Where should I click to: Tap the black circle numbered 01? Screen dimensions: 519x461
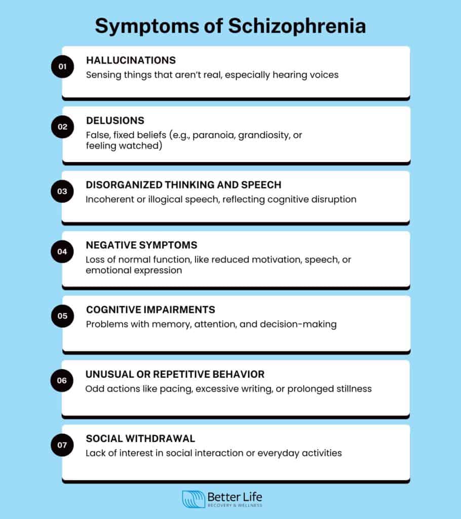tap(62, 66)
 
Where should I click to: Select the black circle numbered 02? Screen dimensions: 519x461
tap(62, 127)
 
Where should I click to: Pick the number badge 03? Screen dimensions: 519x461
tap(62, 191)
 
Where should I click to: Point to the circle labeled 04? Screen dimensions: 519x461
tap(62, 251)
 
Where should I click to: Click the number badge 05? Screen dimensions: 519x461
tap(62, 315)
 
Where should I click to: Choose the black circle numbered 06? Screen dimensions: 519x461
tap(62, 381)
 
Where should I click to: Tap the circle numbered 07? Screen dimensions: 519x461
tap(62, 444)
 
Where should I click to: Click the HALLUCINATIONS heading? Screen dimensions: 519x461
tap(131, 60)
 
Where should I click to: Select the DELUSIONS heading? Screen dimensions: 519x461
tap(115, 121)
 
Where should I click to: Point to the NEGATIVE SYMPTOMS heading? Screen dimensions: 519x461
tap(141, 245)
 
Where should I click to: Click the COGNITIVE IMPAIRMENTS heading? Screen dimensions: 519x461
tap(150, 310)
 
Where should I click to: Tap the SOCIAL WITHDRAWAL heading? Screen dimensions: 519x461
tap(140, 438)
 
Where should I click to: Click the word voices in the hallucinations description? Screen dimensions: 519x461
tap(322, 75)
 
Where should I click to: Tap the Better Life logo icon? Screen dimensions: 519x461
tap(193, 499)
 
